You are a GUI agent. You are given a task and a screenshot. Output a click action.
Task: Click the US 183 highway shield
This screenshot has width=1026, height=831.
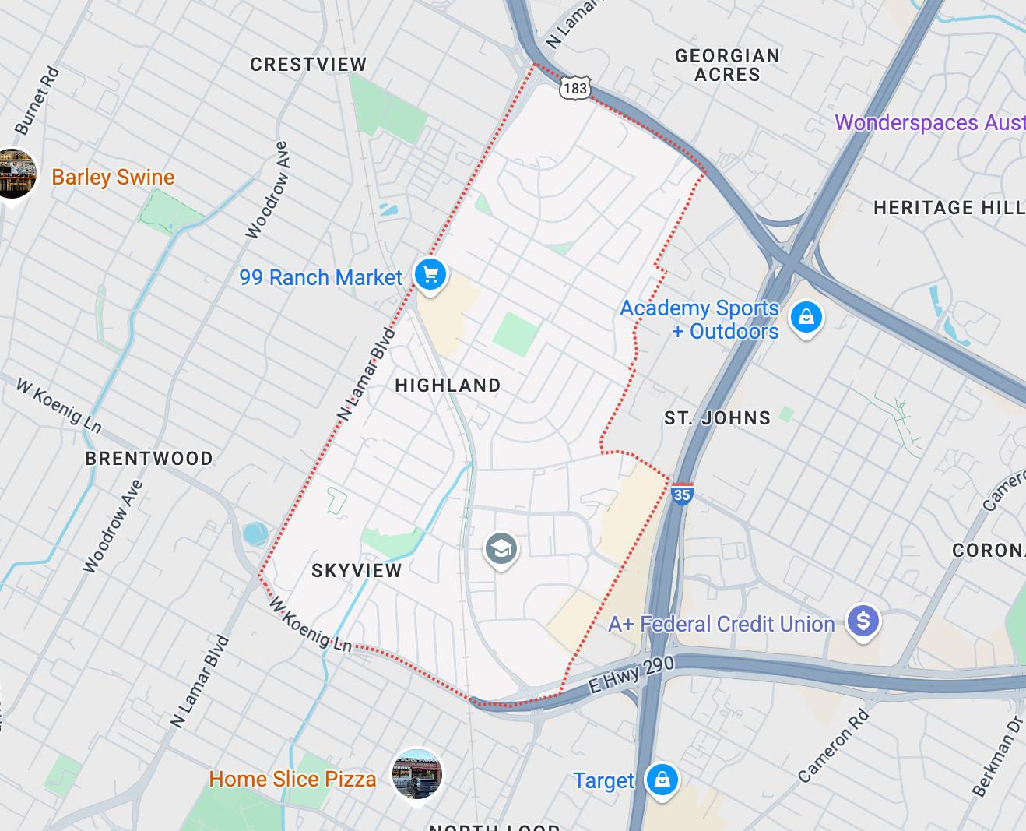click(574, 88)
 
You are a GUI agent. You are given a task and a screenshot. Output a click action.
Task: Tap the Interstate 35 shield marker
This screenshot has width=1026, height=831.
click(681, 494)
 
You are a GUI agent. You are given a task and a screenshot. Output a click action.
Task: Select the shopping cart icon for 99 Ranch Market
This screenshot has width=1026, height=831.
click(430, 275)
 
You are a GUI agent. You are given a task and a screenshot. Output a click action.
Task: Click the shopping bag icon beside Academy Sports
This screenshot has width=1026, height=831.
click(806, 318)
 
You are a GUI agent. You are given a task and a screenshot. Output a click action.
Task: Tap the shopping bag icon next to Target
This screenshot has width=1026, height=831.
click(662, 780)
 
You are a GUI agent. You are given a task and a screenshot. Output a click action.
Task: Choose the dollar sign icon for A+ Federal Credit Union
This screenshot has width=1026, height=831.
click(863, 621)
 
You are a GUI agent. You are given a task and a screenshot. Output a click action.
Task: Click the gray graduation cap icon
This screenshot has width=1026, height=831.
click(501, 549)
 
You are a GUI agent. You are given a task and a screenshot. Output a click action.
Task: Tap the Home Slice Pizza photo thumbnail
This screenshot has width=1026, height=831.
click(417, 775)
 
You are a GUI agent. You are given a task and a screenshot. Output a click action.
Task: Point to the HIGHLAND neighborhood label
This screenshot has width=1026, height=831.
click(448, 386)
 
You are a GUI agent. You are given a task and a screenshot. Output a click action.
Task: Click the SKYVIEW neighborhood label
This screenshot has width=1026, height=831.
click(357, 571)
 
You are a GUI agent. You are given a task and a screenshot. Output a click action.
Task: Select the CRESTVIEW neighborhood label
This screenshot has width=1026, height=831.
click(308, 65)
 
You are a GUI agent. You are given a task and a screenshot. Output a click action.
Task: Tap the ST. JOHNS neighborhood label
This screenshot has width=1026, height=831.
click(717, 418)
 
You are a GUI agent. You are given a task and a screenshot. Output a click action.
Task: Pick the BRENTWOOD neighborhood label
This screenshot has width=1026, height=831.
click(149, 458)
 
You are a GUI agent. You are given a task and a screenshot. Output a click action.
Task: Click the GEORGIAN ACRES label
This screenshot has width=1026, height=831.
click(727, 65)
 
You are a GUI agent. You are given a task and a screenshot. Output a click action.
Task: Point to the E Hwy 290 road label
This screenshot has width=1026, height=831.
click(631, 674)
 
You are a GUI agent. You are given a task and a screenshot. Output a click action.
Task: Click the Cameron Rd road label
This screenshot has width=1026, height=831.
click(833, 745)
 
